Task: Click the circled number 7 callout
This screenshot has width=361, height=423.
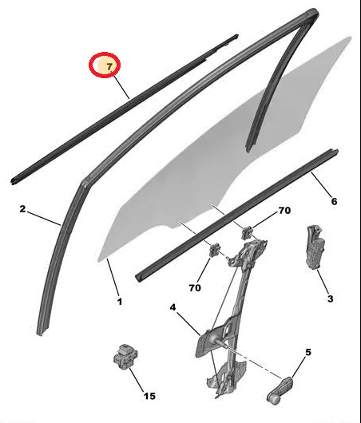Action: click(x=105, y=65)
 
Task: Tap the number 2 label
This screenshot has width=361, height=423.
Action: click(x=22, y=208)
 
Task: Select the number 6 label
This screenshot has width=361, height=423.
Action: click(x=334, y=201)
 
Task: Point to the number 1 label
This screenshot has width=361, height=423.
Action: click(x=120, y=302)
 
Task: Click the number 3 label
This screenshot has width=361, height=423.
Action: click(x=330, y=298)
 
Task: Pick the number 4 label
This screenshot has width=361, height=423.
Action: click(x=173, y=307)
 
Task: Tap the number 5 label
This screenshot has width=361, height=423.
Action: click(x=308, y=352)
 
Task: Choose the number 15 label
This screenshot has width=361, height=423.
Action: click(x=149, y=396)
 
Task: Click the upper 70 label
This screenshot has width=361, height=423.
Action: click(x=284, y=211)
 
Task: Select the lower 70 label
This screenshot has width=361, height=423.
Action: click(x=195, y=288)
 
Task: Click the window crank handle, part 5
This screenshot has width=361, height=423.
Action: click(x=280, y=390)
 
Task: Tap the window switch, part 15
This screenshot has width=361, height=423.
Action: click(x=125, y=357)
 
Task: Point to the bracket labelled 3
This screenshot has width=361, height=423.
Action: click(x=315, y=247)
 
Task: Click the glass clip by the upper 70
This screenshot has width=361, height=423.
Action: click(x=247, y=232)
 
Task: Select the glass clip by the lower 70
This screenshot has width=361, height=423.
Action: click(x=215, y=249)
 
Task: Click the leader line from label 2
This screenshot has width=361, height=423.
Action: click(x=43, y=218)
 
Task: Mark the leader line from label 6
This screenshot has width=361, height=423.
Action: click(x=320, y=184)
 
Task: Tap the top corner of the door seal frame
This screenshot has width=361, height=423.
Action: click(x=313, y=12)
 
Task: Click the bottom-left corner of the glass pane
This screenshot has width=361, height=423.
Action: click(x=98, y=261)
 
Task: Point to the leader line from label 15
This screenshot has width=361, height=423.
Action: click(x=137, y=380)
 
